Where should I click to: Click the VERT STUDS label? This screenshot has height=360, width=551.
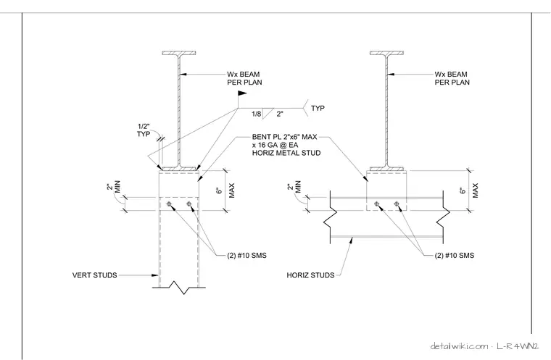coord(94,275)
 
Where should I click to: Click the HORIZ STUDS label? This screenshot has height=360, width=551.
coord(310,275)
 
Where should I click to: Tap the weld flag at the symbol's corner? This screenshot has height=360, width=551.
coord(242,93)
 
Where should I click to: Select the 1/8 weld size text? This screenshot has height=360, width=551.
coord(257,114)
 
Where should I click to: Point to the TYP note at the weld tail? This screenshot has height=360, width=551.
coord(318,108)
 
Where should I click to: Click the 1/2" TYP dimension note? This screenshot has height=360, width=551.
coord(144,130)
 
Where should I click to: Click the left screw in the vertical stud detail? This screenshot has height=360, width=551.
coord(169,204)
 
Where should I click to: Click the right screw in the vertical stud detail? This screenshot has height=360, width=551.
coord(189,204)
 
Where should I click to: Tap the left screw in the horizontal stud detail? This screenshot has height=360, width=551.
coord(377,204)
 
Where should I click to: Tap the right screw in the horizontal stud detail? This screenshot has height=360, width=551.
coord(397,204)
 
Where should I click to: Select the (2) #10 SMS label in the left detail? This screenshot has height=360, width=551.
coord(246,256)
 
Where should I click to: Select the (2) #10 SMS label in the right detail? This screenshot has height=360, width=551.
coord(455,256)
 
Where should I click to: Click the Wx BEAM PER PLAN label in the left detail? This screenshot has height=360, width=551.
coord(244,78)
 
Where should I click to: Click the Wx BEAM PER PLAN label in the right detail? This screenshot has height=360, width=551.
coord(452,78)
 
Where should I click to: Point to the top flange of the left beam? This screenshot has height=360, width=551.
coord(179,53)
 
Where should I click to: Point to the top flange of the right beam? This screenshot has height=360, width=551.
coord(386,53)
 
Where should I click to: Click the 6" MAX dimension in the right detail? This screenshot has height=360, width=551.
coord(469,191)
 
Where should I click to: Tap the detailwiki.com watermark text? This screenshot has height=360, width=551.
coord(459,346)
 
